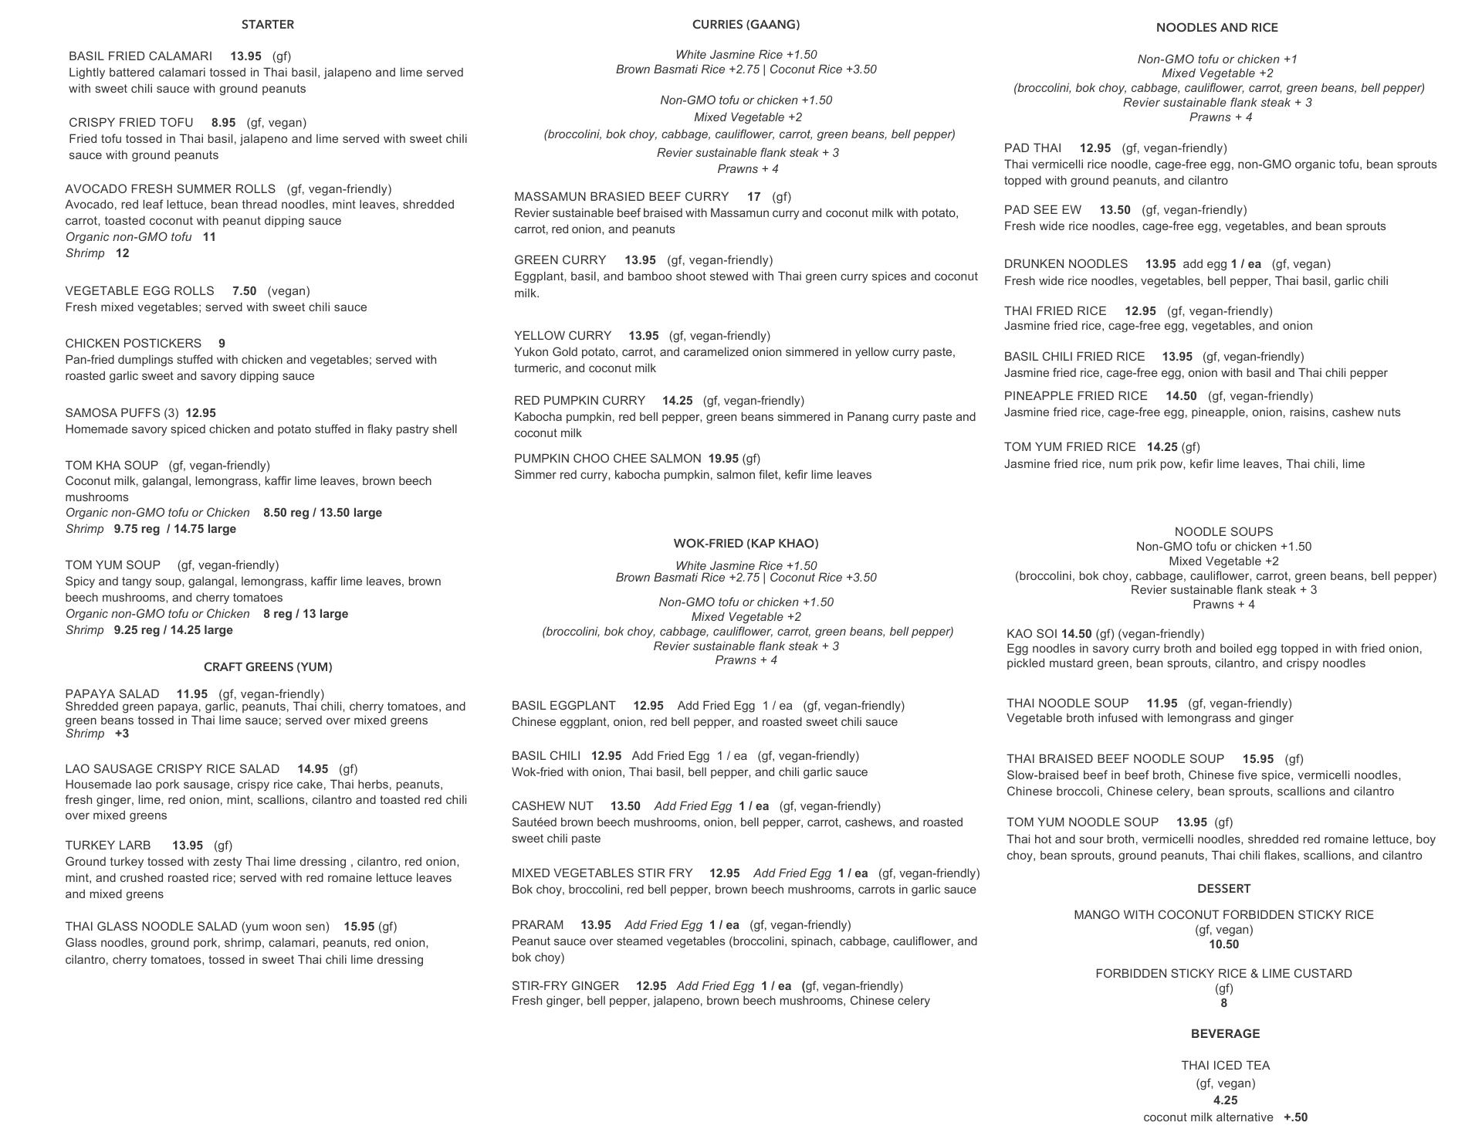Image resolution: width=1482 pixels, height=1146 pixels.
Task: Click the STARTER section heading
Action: tap(267, 25)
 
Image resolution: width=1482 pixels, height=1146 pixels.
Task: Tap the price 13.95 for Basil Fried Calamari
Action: tap(245, 56)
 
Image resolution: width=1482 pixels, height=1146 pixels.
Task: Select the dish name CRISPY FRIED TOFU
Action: tap(130, 123)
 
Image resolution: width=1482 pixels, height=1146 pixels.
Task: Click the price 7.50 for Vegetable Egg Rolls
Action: tap(244, 291)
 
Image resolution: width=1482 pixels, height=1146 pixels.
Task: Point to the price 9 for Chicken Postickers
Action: tap(222, 344)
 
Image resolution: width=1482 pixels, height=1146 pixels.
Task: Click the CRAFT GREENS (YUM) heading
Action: tap(268, 666)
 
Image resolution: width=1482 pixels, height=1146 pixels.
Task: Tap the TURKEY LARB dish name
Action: tap(108, 846)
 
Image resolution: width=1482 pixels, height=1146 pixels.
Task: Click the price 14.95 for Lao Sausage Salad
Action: tap(313, 769)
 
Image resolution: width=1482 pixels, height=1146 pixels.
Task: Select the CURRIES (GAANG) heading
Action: tap(746, 25)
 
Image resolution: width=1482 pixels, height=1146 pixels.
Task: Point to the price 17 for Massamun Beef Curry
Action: tap(753, 197)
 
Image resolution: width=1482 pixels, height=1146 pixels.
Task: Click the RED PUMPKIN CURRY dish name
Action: tap(579, 401)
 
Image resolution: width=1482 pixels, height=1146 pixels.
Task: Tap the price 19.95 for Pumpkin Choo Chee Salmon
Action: tap(723, 459)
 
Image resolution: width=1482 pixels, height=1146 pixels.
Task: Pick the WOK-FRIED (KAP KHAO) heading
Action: tap(746, 544)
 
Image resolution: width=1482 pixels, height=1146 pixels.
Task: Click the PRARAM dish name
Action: tap(537, 925)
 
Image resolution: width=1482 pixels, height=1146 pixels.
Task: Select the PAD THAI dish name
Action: tap(1032, 148)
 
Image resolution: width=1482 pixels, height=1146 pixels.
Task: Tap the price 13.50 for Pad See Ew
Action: tap(1115, 210)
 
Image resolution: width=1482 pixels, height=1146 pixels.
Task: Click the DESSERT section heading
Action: tap(1223, 889)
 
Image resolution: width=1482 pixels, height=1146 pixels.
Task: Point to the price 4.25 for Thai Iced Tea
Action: tap(1225, 1100)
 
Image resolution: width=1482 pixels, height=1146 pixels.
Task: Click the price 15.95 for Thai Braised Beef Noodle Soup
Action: tap(1258, 759)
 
